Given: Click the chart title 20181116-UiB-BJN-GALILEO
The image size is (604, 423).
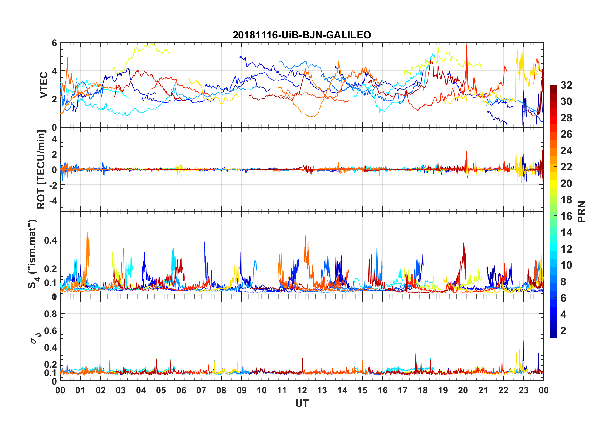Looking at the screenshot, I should [302, 35].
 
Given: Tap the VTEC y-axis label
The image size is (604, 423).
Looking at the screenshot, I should [44, 85].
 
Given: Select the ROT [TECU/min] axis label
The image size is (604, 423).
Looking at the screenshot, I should [41, 169].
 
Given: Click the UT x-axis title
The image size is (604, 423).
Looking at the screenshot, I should [302, 403].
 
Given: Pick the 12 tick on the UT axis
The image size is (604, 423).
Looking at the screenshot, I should [302, 390].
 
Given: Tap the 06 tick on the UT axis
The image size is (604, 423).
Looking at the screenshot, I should [181, 390].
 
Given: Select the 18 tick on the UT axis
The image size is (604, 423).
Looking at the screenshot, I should [423, 390].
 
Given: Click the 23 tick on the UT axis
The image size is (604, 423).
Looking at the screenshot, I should [523, 390].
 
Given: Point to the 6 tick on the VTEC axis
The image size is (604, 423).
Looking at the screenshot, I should [54, 43].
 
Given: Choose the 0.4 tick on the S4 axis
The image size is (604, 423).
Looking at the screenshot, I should [51, 240].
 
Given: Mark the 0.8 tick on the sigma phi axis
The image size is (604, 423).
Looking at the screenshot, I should [51, 314].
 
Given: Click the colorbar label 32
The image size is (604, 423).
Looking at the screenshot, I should [566, 85].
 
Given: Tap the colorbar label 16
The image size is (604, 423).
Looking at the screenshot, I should [566, 216].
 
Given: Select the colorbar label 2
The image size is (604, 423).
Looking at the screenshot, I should [563, 331].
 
